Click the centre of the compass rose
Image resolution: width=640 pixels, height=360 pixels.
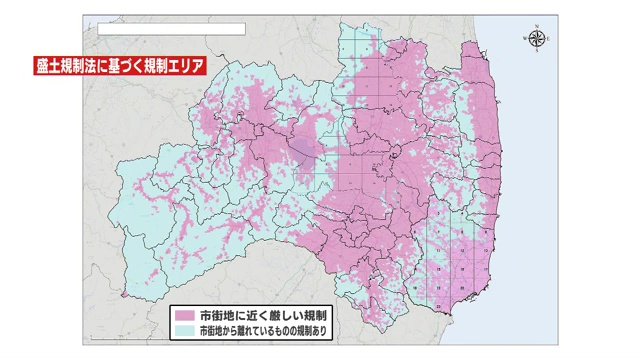[x=536, y=39]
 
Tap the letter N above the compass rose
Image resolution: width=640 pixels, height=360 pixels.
[x=536, y=28]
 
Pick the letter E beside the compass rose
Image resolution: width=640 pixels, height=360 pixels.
[x=548, y=39]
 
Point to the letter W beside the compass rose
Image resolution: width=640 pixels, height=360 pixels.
[x=524, y=39]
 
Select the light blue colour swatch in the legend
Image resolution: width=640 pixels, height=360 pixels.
[x=184, y=329]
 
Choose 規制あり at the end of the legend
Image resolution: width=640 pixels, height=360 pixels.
[x=323, y=329]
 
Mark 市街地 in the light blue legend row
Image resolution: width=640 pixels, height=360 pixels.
[x=209, y=329]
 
